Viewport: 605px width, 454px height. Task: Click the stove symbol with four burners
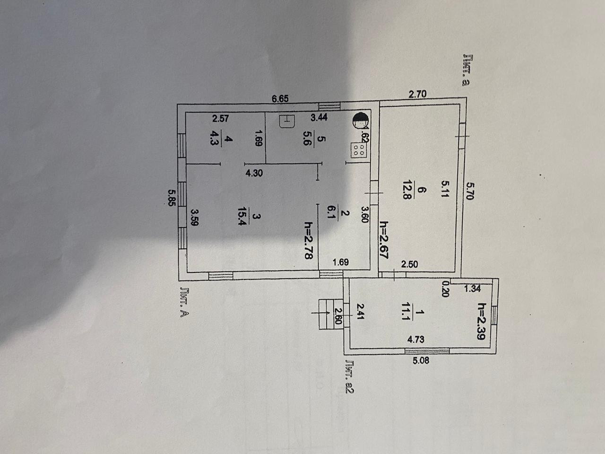coord(358,149)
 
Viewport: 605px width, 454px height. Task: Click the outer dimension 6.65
coord(280,99)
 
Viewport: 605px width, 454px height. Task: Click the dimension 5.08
coord(419,361)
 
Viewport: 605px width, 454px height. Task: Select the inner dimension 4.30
coord(254,173)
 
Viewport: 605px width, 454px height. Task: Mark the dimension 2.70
coord(417,94)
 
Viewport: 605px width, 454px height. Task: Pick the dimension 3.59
coord(194,220)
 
